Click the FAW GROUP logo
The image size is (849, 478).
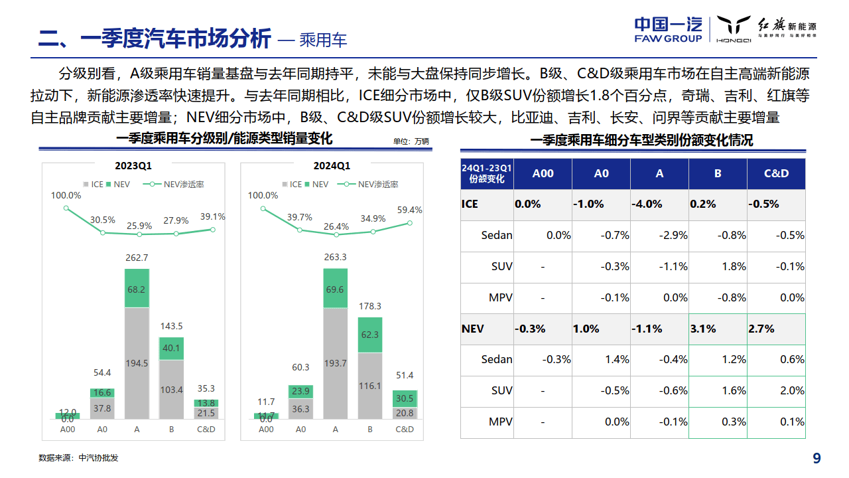(668, 29)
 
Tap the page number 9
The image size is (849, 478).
(816, 458)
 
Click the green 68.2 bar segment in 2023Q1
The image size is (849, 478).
(137, 289)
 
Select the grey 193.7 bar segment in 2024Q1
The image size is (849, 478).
(336, 363)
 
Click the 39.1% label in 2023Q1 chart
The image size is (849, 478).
(213, 216)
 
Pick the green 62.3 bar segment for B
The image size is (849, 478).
(370, 335)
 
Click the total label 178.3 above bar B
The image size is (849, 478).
(370, 306)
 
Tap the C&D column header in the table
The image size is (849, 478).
(776, 173)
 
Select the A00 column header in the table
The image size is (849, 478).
(543, 173)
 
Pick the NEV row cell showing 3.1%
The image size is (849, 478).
(703, 329)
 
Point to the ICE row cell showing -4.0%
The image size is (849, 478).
(647, 204)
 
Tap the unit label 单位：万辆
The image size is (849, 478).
(411, 141)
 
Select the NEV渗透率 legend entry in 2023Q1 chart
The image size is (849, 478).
(175, 184)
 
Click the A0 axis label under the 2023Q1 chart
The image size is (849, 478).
(102, 429)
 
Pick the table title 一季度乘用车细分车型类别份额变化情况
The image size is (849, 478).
(641, 140)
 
